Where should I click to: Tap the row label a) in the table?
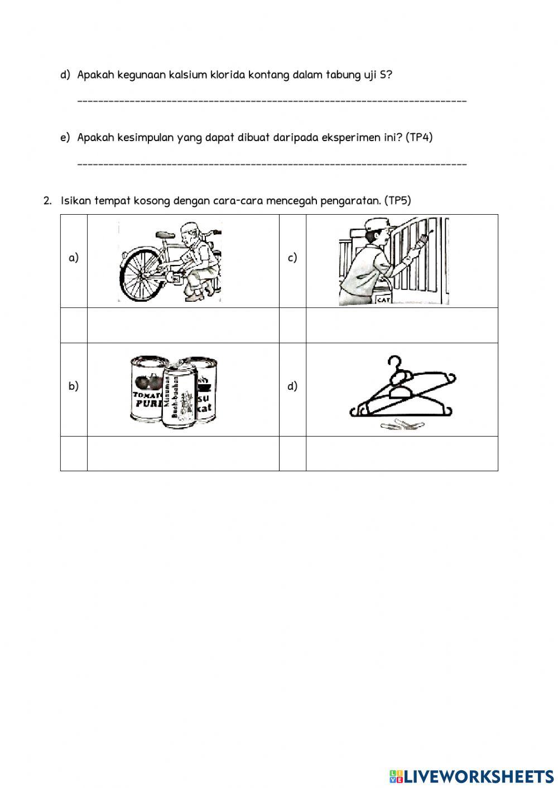pos(74,258)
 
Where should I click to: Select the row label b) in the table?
pos(74,386)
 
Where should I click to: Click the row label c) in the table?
pos(292,258)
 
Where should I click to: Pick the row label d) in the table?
pos(292,386)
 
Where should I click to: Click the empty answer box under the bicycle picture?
pos(183,325)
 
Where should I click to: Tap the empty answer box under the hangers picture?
pos(402,453)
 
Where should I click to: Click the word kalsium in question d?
pos(187,75)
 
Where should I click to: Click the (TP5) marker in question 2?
pos(397,201)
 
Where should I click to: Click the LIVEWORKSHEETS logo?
pos(472,776)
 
